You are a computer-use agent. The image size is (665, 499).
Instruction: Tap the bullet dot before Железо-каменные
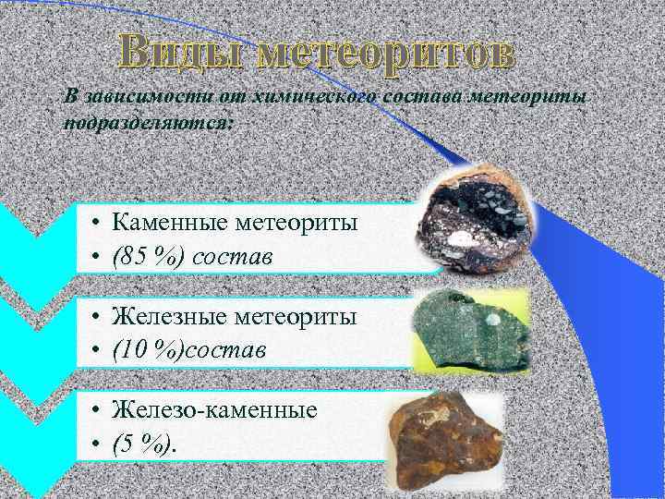tap(95, 410)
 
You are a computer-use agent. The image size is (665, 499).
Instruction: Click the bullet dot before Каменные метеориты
tap(95, 223)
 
